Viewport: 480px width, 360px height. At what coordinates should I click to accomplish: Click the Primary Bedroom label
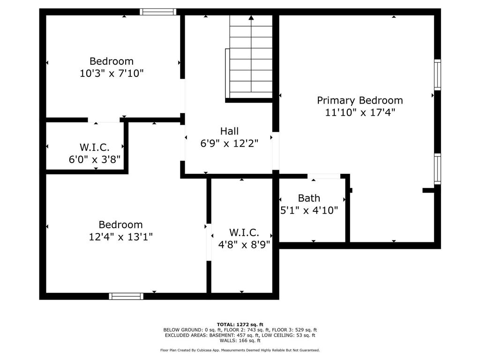(x=360, y=100)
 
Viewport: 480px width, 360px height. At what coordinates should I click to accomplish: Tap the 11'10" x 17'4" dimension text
(x=360, y=112)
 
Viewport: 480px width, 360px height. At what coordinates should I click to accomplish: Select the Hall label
(x=229, y=131)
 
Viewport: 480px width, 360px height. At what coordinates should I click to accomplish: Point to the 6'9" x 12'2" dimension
(x=229, y=143)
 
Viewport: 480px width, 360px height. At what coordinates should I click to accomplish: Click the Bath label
(x=309, y=198)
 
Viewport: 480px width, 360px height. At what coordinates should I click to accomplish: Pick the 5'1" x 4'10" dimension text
(x=309, y=210)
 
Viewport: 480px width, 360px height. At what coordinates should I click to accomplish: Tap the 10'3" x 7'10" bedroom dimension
(x=112, y=73)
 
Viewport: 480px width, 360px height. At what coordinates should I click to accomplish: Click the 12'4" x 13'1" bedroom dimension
(x=120, y=237)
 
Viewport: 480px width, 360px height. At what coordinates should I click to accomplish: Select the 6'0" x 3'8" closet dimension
(x=95, y=159)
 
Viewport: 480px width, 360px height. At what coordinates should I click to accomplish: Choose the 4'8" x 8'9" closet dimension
(x=244, y=245)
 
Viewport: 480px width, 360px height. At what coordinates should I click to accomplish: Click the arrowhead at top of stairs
(x=251, y=18)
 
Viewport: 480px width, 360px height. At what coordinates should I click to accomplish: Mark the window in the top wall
(x=158, y=12)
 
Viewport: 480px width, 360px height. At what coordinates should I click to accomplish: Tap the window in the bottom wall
(x=126, y=296)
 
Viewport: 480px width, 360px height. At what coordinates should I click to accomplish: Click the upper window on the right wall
(x=438, y=75)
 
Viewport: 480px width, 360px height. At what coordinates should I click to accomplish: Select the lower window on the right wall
(x=438, y=169)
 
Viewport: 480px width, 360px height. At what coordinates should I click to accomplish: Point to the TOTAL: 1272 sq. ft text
(x=240, y=324)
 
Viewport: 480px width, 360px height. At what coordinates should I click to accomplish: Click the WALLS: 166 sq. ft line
(x=240, y=340)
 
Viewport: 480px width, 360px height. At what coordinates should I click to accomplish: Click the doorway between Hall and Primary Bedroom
(x=276, y=151)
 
